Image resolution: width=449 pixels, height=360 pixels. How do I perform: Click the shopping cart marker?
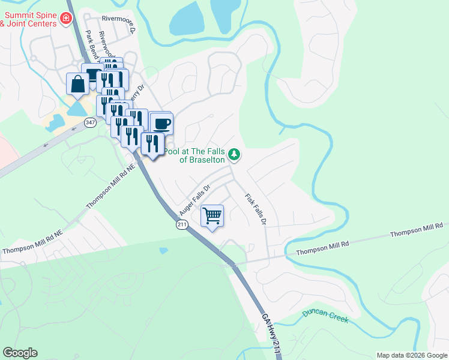click(x=212, y=215)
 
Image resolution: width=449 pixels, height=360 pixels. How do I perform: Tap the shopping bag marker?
click(x=77, y=85)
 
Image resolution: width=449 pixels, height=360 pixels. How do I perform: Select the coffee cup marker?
click(x=161, y=124)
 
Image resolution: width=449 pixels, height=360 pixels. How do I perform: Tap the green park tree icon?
click(x=235, y=155)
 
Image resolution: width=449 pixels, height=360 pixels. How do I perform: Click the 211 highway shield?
click(x=182, y=224)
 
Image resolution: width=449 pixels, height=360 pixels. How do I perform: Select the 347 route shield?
click(x=90, y=122)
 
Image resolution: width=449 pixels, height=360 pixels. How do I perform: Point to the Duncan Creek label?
click(x=325, y=316)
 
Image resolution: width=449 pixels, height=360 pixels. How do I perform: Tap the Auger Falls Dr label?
click(x=194, y=200)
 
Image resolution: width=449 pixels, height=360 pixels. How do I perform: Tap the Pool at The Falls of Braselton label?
click(x=194, y=156)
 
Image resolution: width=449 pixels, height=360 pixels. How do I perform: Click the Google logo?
click(x=20, y=353)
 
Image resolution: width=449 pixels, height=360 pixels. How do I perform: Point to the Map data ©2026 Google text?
click(x=411, y=355)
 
